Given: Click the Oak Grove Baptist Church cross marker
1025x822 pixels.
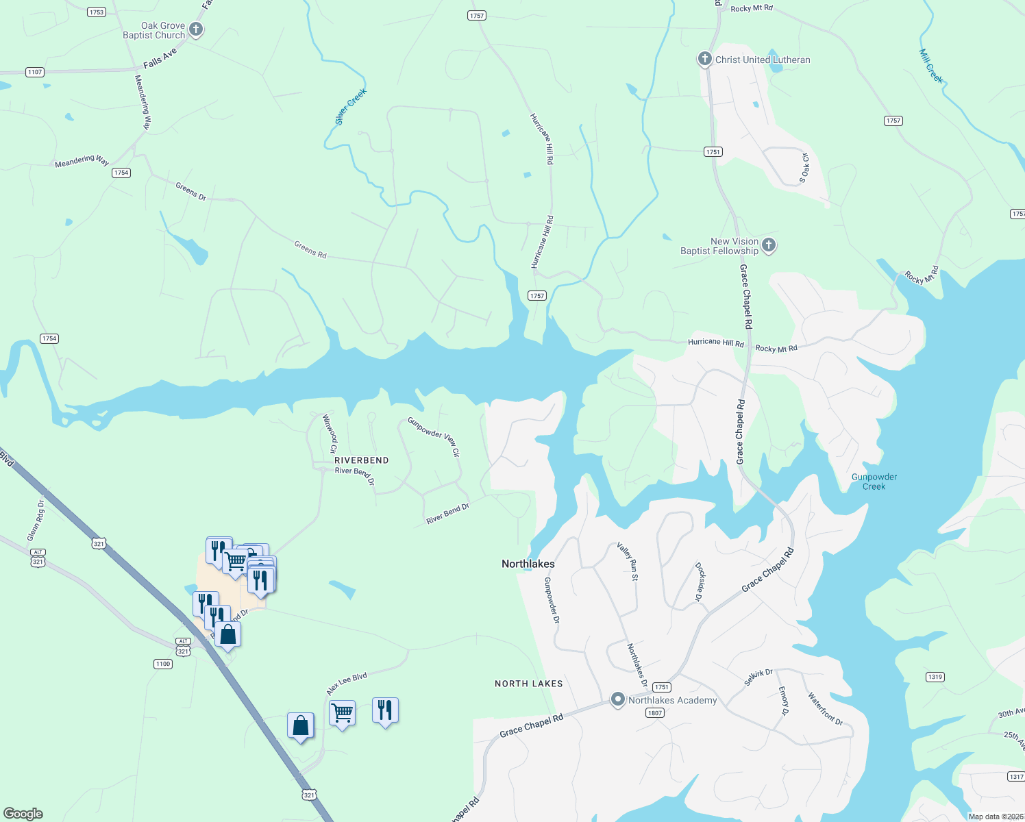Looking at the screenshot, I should [x=196, y=29].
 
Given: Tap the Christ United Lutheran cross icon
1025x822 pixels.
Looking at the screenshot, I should [x=704, y=59].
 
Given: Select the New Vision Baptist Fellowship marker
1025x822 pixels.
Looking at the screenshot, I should [x=769, y=245].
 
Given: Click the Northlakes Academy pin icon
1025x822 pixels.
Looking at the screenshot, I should [x=618, y=699].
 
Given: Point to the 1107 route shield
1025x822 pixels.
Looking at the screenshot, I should [x=35, y=72].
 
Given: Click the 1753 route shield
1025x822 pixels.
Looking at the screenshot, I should [x=97, y=12].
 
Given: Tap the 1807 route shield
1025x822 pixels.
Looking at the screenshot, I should [x=654, y=713].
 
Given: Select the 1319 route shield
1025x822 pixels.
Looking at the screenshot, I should [x=935, y=677].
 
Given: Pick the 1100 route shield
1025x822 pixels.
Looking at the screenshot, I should [x=162, y=664].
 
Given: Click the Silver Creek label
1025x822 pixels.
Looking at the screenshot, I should [x=351, y=107].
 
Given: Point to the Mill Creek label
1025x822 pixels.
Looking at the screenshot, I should [x=931, y=66].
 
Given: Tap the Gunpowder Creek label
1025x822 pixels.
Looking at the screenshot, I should [x=874, y=482].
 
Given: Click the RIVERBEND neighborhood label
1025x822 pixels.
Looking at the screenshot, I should [x=361, y=460].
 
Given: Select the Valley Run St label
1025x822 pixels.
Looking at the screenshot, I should [x=628, y=561].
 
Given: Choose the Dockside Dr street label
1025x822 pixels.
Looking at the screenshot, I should [x=699, y=582].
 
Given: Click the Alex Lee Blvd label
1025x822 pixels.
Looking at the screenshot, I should [x=347, y=684].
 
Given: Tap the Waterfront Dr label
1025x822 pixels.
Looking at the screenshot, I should [x=825, y=708].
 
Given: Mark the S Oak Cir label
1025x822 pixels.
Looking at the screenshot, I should [x=805, y=168].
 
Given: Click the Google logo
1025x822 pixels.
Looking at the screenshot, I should [x=23, y=814].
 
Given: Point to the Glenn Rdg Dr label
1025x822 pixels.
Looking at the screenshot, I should [x=36, y=521].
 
